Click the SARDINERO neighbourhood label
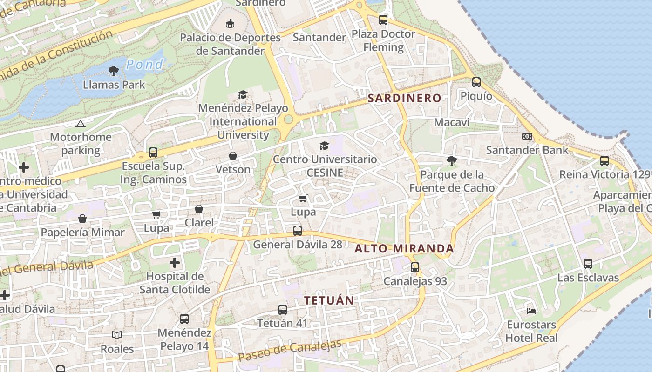coord(404,98)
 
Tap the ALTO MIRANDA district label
coord(404,248)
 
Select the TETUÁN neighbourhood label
coord(329,300)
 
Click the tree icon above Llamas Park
coord(113,71)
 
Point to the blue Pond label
coord(144,64)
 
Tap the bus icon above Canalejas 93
coord(415,267)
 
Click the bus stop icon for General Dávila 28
coord(298,230)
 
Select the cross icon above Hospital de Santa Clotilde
coord(175,263)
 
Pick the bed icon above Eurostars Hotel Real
coord(531,311)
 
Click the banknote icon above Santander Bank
coord(527,136)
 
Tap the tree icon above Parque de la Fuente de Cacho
coord(451,161)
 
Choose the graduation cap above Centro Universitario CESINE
coord(325,146)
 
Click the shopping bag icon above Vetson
coord(233,156)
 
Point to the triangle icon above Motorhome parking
coord(81,124)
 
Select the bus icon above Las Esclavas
coord(588,264)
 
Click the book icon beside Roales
coord(117,335)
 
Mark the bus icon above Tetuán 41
coord(283,309)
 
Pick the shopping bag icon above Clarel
coord(199,209)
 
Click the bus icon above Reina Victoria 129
coord(604,161)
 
